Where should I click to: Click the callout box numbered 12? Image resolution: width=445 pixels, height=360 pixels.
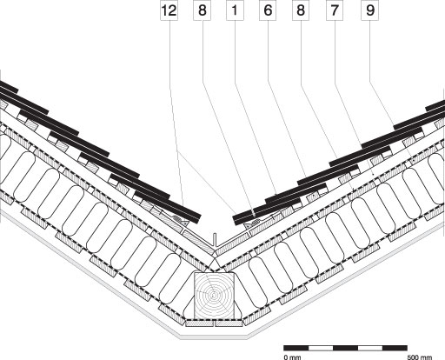pyautogui.click(x=169, y=10)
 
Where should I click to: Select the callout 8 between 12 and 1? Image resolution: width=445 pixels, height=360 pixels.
pyautogui.click(x=202, y=10)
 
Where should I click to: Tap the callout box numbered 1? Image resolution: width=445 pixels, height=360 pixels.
pyautogui.click(x=235, y=10)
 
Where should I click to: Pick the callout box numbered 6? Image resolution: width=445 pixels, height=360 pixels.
pyautogui.click(x=268, y=10)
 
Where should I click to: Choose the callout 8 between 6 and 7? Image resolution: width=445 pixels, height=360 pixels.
pyautogui.click(x=301, y=10)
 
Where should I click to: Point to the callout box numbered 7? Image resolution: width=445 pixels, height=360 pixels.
pyautogui.click(x=335, y=10)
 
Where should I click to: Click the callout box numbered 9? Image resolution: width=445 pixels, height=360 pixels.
pyautogui.click(x=369, y=10)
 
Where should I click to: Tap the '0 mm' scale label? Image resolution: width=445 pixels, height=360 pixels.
pyautogui.click(x=292, y=357)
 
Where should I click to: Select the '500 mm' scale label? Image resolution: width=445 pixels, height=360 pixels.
pyautogui.click(x=420, y=357)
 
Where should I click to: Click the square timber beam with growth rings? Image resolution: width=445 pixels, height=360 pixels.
pyautogui.click(x=214, y=295)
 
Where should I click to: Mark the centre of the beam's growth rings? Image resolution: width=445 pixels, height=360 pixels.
pyautogui.click(x=214, y=296)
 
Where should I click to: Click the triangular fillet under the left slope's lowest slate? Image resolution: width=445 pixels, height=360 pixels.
pyautogui.click(x=184, y=223)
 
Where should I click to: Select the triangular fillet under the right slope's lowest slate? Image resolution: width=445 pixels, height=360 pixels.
pyautogui.click(x=249, y=225)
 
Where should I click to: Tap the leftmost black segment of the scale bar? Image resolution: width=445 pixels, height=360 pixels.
pyautogui.click(x=296, y=348)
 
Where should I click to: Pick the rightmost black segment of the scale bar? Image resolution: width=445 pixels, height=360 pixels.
pyautogui.click(x=395, y=348)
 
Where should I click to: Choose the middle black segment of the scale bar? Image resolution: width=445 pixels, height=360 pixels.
pyautogui.click(x=346, y=348)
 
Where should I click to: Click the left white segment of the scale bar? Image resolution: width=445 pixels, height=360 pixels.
pyautogui.click(x=321, y=348)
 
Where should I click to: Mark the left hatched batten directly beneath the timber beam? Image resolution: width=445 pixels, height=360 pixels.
pyautogui.click(x=199, y=323)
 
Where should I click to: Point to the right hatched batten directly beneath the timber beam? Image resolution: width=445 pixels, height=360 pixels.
pyautogui.click(x=229, y=323)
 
